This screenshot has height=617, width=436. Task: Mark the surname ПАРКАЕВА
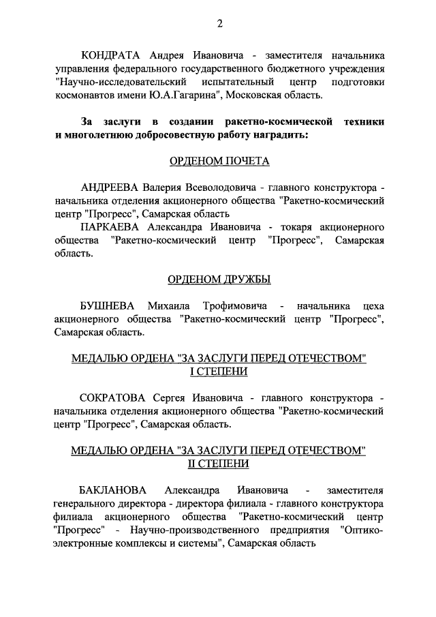pyautogui.click(x=110, y=227)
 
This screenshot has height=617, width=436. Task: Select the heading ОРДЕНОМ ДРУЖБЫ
pyautogui.click(x=219, y=280)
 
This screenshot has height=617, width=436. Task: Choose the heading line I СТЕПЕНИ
pyautogui.click(x=219, y=372)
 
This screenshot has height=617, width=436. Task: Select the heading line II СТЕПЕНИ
pyautogui.click(x=219, y=464)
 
